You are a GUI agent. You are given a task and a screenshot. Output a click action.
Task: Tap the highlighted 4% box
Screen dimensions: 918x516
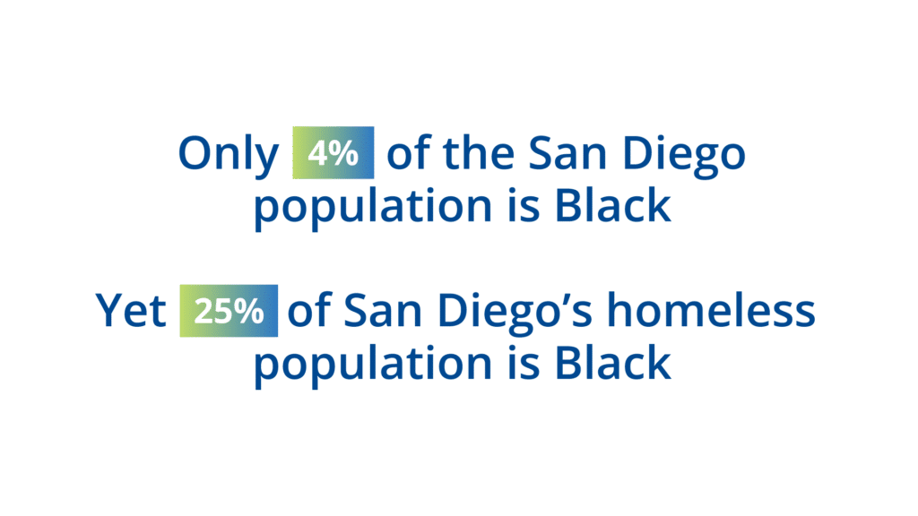click(333, 152)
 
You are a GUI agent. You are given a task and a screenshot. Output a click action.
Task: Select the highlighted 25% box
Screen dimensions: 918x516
click(229, 311)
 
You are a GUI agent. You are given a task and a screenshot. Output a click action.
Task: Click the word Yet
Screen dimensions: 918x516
click(131, 310)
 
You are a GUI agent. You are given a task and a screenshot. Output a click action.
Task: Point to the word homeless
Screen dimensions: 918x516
click(711, 309)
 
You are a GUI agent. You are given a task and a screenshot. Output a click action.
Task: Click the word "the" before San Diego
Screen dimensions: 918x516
click(479, 152)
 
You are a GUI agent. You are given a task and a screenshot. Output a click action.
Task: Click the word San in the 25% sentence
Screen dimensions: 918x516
click(383, 311)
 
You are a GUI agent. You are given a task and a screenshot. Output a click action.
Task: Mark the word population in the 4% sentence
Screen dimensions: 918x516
click(373, 208)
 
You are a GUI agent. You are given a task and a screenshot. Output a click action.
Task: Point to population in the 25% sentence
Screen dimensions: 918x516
click(373, 365)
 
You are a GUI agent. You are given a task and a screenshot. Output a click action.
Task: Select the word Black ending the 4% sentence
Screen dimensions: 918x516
click(612, 205)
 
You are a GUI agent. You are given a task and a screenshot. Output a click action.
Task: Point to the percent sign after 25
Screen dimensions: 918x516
click(249, 311)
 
